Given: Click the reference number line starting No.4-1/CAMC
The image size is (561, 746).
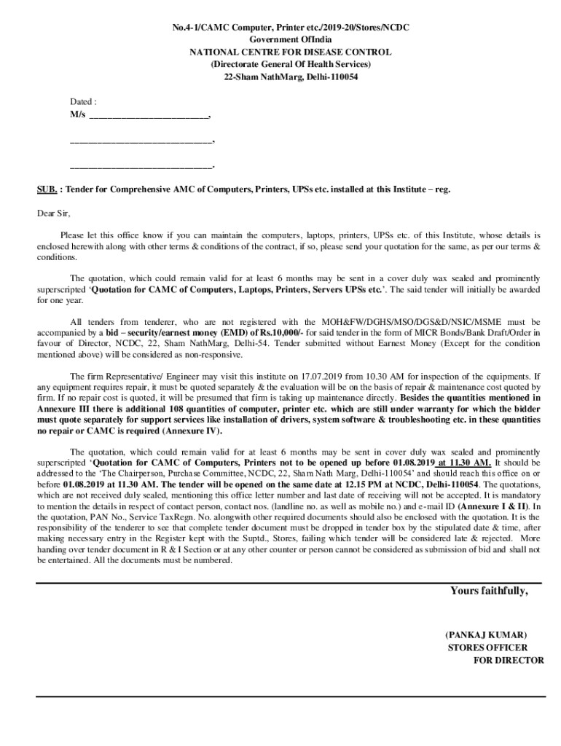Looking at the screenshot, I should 290,27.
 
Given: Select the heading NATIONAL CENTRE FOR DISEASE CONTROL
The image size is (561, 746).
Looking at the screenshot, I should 290,52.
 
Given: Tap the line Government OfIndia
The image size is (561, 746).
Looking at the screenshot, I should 290,39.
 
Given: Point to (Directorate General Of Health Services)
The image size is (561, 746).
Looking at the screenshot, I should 290,64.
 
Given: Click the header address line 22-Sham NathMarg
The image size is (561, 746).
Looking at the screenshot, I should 290,76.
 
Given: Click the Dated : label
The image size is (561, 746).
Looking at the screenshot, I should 83,102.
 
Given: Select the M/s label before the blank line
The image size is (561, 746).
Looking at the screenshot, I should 77,115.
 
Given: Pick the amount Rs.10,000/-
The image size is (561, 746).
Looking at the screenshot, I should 276,332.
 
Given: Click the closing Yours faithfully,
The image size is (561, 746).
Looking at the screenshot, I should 488,591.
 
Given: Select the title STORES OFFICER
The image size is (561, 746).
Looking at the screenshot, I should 487,647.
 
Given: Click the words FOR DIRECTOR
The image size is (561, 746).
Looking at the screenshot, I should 509,660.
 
